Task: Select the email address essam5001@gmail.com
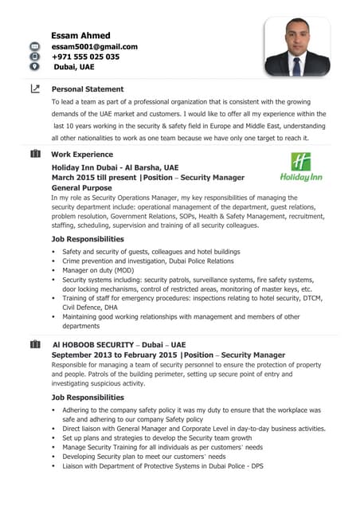point(94,47)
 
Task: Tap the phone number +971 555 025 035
point(85,57)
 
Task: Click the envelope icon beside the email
point(34,47)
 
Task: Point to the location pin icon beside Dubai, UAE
point(34,67)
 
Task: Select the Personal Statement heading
point(88,89)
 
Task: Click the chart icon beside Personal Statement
point(34,89)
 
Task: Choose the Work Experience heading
point(82,154)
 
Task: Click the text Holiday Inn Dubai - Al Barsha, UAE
point(115,167)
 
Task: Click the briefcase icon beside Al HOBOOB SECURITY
point(34,344)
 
